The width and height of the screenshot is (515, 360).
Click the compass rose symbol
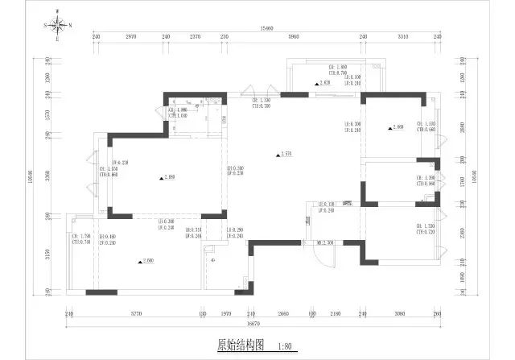(x=57, y=25)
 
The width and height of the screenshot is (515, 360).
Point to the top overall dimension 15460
(x=266, y=29)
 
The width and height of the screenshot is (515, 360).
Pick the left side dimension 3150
(x=47, y=256)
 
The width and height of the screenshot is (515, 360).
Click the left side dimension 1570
(x=47, y=115)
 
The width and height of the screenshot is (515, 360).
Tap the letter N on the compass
(x=70, y=25)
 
